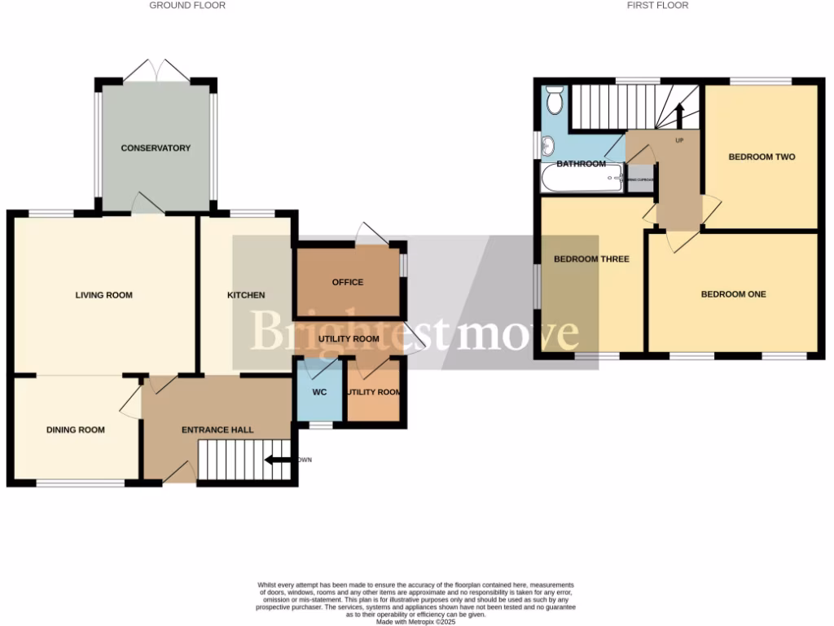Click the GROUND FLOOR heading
coord(187,6)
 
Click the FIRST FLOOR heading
coord(657,6)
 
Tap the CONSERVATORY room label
coord(156,148)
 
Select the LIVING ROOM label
coord(103,295)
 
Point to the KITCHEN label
coord(245,295)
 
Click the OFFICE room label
coord(348,282)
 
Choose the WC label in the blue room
coord(320,392)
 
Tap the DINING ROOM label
coord(75,430)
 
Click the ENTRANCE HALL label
coord(217,430)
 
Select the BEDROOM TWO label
coord(762,156)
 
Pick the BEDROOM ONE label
coord(733,294)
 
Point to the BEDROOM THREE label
coord(591,259)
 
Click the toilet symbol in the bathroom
coord(555,102)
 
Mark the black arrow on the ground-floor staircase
coord(277,461)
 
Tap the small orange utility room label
coord(374,393)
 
